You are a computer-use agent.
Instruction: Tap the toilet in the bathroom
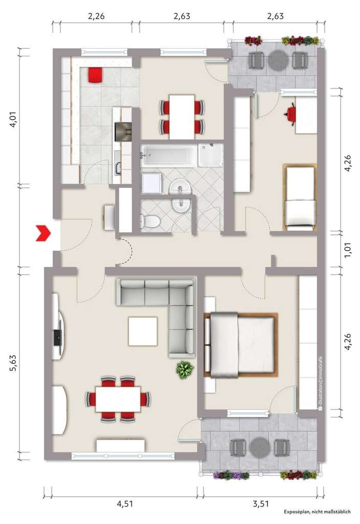pos(149,222)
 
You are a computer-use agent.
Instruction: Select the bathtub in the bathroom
pos(169,155)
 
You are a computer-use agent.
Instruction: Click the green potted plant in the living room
pos(184,369)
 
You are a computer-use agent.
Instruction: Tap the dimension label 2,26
pos(96,16)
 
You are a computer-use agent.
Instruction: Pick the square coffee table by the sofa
pos(143,332)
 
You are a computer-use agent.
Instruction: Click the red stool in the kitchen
pos(95,75)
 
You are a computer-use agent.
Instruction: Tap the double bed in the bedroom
pos(241,344)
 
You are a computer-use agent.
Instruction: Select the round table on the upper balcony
pos(278,61)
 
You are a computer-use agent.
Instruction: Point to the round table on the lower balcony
pos(260,447)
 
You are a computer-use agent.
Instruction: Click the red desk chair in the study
pos(292,113)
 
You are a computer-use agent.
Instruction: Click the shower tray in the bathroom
pos(211,155)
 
